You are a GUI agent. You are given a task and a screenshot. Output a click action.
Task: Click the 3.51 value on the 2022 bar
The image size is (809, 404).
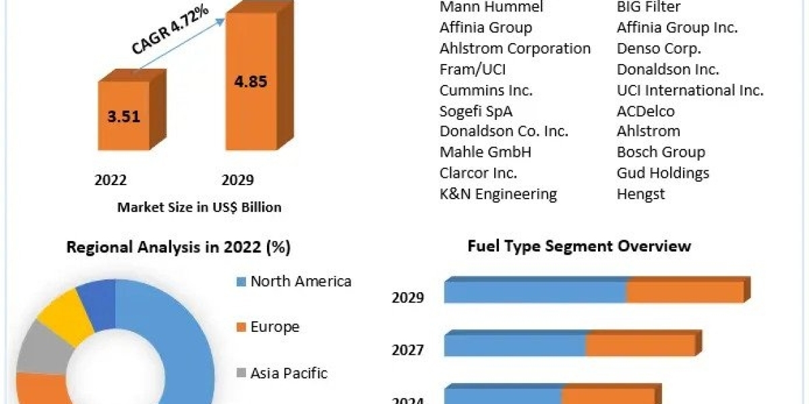click(x=123, y=116)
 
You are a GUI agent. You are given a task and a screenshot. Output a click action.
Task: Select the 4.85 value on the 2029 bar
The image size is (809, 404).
click(x=250, y=81)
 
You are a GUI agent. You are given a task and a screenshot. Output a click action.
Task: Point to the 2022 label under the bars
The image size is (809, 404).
click(x=111, y=180)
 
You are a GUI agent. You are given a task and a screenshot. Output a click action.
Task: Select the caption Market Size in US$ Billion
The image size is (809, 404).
click(x=199, y=207)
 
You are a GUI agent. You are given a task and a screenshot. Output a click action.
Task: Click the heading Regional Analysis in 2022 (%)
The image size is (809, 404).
click(x=178, y=247)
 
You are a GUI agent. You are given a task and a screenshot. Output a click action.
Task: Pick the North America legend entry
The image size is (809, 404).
click(x=300, y=281)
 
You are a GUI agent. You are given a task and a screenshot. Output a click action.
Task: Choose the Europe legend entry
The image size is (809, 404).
click(x=274, y=327)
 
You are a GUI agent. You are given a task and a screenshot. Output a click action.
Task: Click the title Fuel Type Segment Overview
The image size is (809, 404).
click(x=579, y=245)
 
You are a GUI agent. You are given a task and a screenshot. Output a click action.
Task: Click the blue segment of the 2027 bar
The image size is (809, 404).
click(x=514, y=345)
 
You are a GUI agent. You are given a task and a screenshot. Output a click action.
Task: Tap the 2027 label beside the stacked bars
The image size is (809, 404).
click(x=408, y=349)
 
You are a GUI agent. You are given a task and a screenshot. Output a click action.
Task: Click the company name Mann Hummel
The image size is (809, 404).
click(x=491, y=7)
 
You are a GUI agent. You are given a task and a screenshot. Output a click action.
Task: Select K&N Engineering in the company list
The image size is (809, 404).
click(x=498, y=195)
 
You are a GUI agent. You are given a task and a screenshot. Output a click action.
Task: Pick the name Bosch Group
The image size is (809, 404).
click(x=661, y=152)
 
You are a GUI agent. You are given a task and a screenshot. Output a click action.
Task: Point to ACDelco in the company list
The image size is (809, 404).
click(x=645, y=111)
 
